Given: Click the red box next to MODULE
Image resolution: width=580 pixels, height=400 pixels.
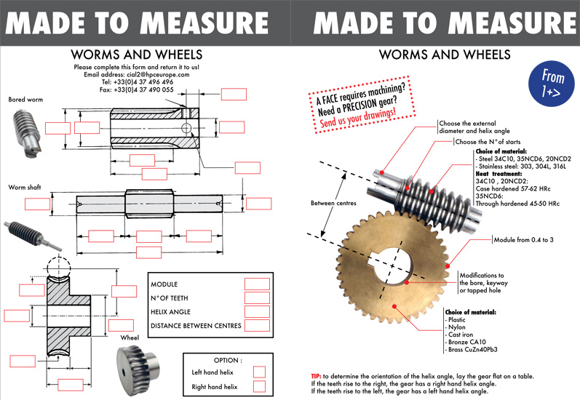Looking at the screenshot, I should click(257, 284).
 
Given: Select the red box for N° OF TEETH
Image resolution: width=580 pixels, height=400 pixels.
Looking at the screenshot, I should click(257, 297).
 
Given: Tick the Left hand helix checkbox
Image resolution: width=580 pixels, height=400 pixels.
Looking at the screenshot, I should click(258, 372).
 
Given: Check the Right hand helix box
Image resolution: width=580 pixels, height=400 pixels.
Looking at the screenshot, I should click(258, 387).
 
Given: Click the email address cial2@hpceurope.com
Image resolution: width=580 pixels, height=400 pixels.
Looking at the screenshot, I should click(137, 74).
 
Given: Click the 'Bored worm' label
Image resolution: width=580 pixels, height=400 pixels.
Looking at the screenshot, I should click(25, 99).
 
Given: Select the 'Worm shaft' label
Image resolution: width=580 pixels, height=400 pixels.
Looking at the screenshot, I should click(25, 187).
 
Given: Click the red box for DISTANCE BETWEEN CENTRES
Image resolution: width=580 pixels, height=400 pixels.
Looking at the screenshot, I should click(257, 325).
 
